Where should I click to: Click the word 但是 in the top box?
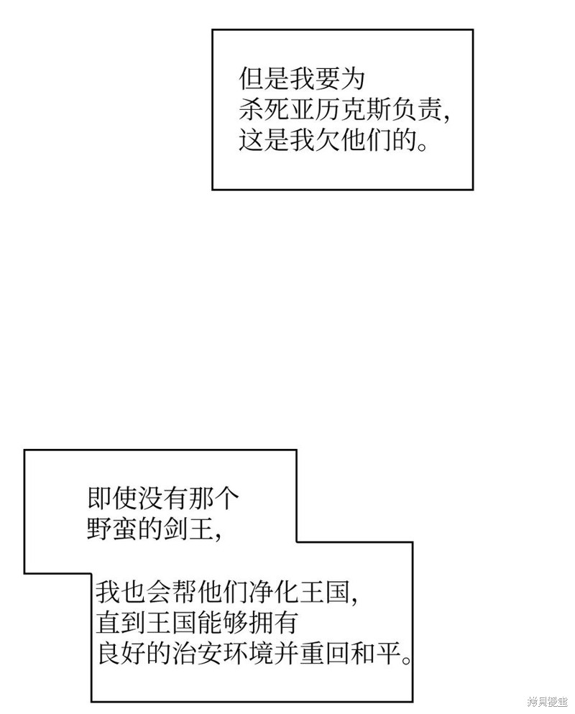tap(264, 79)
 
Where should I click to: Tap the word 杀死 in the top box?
tap(264, 109)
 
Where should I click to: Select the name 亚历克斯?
tap(340, 109)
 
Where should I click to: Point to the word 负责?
tap(416, 109)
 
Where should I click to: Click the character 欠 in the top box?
tap(327, 139)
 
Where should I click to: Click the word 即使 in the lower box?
tap(112, 499)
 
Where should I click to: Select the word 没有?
tap(162, 499)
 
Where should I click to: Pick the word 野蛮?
tap(112, 529)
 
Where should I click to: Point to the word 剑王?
tap(188, 529)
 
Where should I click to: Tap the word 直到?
tap(121, 623)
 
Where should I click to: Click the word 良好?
tap(121, 653)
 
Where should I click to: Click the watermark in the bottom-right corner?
tap(547, 703)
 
